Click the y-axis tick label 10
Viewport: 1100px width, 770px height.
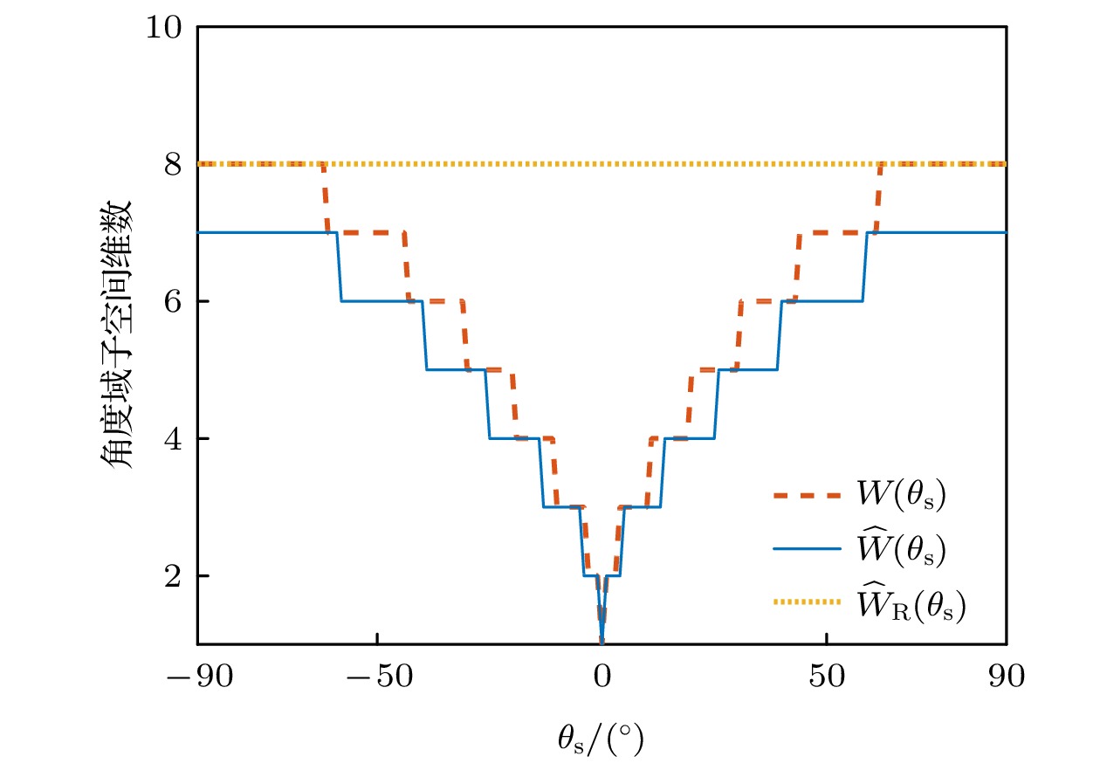click(166, 27)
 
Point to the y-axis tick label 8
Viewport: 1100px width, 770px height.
click(175, 164)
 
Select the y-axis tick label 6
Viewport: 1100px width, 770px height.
click(175, 301)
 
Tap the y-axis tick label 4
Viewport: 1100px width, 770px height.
click(175, 438)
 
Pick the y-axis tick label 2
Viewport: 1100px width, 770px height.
click(175, 576)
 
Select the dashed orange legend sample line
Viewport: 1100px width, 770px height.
click(803, 495)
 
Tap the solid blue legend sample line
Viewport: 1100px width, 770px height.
click(803, 548)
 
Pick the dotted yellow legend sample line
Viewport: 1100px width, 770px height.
click(803, 602)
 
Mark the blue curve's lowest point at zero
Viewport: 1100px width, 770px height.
click(602, 643)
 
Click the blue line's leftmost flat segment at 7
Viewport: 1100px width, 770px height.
click(266, 232)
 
